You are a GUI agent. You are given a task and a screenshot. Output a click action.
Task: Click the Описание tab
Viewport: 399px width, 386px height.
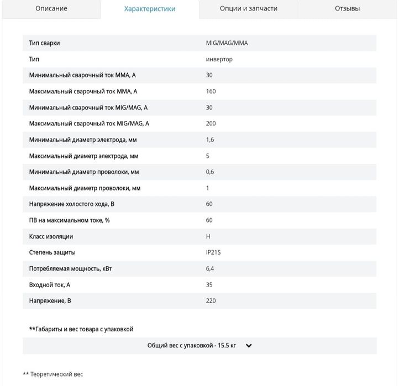pyautogui.click(x=51, y=9)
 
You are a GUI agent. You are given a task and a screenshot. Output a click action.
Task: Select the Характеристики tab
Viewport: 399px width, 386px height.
pyautogui.click(x=150, y=9)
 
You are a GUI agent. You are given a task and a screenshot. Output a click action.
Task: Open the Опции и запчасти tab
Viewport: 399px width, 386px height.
pyautogui.click(x=249, y=9)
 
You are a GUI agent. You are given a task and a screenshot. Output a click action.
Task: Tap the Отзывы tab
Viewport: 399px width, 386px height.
pyautogui.click(x=347, y=9)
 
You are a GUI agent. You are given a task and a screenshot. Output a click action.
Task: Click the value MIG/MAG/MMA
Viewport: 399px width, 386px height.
pyautogui.click(x=227, y=43)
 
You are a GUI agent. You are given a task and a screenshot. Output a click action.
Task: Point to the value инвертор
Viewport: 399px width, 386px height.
pyautogui.click(x=219, y=59)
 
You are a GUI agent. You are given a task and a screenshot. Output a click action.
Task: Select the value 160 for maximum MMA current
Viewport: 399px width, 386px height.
pyautogui.click(x=211, y=91)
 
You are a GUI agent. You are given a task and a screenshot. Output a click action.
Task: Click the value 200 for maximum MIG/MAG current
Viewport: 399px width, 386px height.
pyautogui.click(x=211, y=124)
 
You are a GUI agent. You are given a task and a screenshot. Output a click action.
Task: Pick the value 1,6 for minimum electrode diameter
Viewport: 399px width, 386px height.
pyautogui.click(x=210, y=140)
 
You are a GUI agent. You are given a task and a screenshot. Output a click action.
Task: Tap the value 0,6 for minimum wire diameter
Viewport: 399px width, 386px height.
pyautogui.click(x=210, y=172)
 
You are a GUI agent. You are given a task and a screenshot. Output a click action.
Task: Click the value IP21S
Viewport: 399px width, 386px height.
pyautogui.click(x=213, y=252)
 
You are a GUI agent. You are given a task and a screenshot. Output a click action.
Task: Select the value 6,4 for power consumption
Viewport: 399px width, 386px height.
pyautogui.click(x=210, y=268)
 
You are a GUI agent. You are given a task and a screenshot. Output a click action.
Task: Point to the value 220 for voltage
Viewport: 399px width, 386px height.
pyautogui.click(x=211, y=301)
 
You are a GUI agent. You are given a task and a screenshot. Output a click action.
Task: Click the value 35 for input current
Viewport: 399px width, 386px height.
pyautogui.click(x=209, y=285)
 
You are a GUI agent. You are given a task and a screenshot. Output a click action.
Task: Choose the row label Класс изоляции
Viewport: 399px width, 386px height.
pyautogui.click(x=51, y=236)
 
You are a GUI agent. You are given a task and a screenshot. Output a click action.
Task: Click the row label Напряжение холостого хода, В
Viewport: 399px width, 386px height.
pyautogui.click(x=72, y=204)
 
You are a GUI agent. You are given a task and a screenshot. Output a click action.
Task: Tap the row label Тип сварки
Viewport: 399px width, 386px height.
pyautogui.click(x=44, y=43)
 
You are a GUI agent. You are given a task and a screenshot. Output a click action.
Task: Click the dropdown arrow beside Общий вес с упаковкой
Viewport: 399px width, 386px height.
pyautogui.click(x=249, y=346)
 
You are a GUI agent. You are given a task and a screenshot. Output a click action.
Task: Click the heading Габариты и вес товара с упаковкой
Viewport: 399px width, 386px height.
pyautogui.click(x=81, y=329)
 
